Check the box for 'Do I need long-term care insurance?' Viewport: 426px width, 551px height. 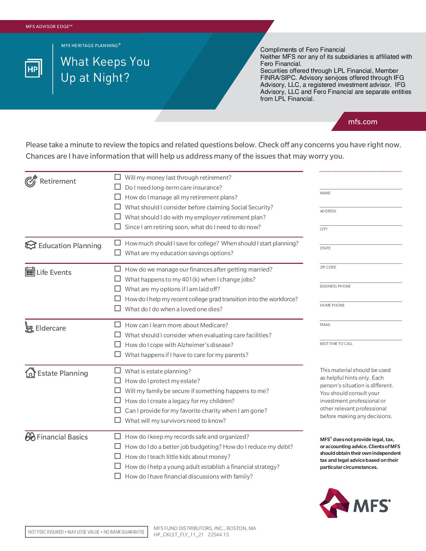(118, 187)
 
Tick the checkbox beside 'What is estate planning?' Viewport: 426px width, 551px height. (118, 370)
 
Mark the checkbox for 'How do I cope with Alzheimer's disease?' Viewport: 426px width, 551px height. (118, 344)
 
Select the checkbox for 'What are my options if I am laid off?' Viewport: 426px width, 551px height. (118, 289)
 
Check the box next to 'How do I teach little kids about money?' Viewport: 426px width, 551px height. (118, 456)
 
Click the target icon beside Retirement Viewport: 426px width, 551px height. (31, 181)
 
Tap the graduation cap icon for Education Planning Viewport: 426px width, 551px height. (30, 245)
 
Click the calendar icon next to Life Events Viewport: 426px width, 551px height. (30, 271)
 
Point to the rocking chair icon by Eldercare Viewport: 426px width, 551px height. (29, 327)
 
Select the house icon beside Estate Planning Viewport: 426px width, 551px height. (30, 372)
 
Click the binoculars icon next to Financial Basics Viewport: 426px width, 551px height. (30, 437)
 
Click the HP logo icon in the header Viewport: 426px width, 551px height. (33, 69)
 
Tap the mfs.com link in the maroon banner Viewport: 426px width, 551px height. (363, 122)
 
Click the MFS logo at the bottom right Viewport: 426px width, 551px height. (355, 503)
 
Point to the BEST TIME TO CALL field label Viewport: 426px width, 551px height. (336, 344)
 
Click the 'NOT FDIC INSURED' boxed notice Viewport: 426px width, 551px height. (86, 532)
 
